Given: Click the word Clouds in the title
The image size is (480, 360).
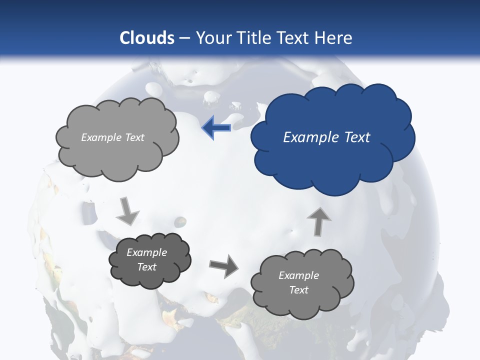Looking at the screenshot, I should click(x=147, y=38).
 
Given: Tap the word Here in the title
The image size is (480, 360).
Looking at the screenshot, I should click(x=335, y=38).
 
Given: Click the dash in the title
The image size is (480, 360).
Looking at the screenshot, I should click(x=184, y=38).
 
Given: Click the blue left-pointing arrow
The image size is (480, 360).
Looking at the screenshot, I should click(x=216, y=128).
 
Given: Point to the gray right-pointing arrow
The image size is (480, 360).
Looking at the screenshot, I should click(x=224, y=265).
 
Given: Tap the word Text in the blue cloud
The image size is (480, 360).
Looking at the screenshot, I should click(x=357, y=137).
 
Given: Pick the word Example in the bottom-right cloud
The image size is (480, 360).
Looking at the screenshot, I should click(x=298, y=275).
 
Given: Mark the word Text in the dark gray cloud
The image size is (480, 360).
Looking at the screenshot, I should click(x=146, y=267).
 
